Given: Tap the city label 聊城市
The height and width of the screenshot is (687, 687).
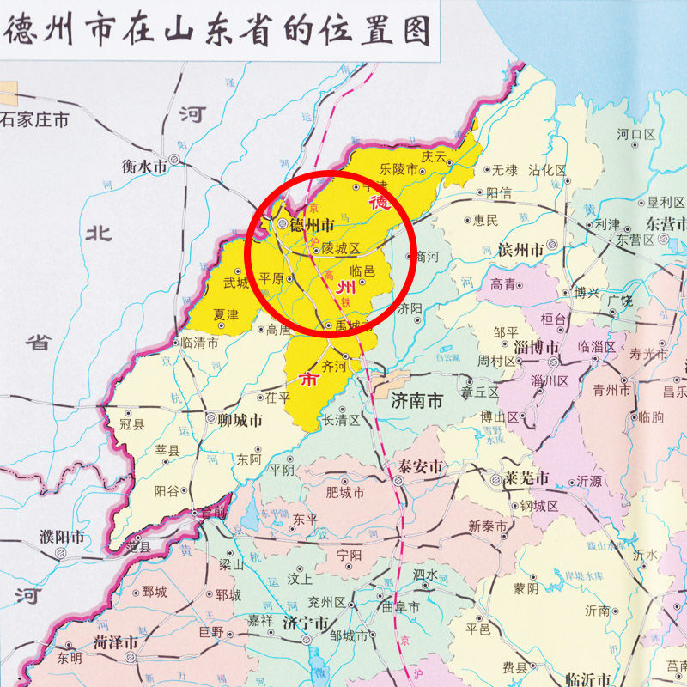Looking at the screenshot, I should pos(240,420).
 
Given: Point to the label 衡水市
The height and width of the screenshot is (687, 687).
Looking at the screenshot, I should pos(143,167).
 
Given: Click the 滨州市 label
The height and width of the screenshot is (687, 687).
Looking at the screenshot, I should pos(520,251).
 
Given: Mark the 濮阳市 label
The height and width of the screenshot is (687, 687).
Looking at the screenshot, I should pos(63,538).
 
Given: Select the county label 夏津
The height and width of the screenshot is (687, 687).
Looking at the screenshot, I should pos(226,315).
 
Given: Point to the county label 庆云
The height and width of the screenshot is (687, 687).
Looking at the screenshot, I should pos(435,156).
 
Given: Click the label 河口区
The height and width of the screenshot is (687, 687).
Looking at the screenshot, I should pos(635,135).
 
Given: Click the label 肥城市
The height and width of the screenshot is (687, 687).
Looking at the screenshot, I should pos(345,493).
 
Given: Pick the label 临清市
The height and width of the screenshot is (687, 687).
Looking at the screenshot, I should pos(200,342).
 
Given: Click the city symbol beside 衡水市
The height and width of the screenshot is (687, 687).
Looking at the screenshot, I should pos(174,160).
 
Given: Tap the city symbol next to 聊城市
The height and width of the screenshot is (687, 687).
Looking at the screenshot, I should pos(211,419).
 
